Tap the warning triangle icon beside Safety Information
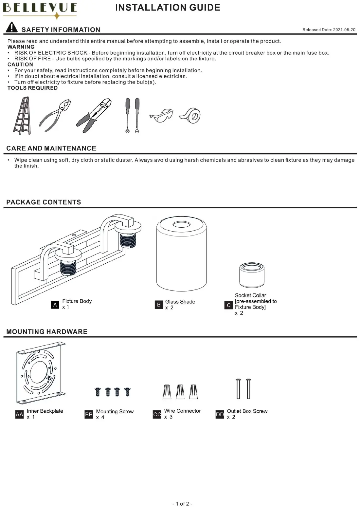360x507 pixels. [x=12, y=27]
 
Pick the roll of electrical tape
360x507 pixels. [x=190, y=115]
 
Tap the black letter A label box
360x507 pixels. [x=55, y=305]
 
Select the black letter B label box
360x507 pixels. [x=159, y=305]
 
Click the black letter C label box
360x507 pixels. [x=228, y=305]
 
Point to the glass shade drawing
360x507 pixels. [x=181, y=254]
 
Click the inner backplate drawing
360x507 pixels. [x=41, y=373]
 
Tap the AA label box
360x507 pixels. [x=20, y=414]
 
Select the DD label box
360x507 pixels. [x=220, y=414]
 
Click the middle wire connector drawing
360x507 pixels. [x=180, y=392]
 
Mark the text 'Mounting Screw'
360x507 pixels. [x=115, y=411]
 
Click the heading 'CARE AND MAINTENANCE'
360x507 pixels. [x=51, y=148]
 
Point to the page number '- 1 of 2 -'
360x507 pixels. [x=182, y=504]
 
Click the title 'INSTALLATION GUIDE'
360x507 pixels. [x=168, y=8]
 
